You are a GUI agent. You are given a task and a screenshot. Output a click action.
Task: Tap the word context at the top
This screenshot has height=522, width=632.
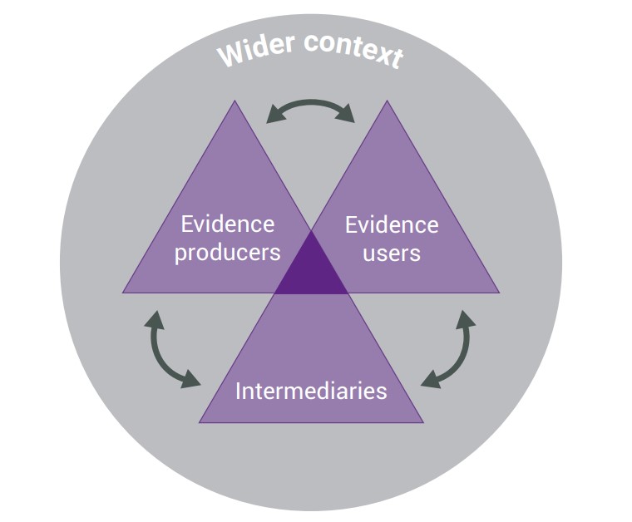tap(353, 49)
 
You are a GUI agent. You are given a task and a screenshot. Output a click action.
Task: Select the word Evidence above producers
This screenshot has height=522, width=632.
tap(227, 224)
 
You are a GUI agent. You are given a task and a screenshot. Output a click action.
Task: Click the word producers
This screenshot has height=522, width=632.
tap(227, 252)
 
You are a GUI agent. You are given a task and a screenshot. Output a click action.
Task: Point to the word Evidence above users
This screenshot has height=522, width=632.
tap(391, 224)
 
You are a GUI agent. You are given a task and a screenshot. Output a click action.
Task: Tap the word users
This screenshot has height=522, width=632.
tap(391, 252)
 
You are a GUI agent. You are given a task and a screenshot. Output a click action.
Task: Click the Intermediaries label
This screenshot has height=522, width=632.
tap(311, 391)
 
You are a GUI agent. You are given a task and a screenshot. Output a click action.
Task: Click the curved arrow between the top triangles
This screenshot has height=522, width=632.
tap(311, 106)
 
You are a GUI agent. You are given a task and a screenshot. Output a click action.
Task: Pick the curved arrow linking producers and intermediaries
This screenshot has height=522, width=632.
tap(166, 349)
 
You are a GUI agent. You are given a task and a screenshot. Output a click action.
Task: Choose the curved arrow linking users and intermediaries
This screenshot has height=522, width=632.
tap(454, 349)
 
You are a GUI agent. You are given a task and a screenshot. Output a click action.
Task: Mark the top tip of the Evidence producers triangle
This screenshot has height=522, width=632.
tap(235, 101)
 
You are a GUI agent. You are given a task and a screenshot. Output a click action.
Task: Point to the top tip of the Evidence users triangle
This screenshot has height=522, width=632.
tap(388, 101)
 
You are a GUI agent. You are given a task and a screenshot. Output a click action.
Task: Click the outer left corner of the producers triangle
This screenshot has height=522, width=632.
tap(124, 292)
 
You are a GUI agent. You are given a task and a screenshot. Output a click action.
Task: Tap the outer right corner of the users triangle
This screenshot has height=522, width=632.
tap(498, 293)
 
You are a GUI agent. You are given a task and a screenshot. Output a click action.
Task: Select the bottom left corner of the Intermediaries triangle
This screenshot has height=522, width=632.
tap(200, 421)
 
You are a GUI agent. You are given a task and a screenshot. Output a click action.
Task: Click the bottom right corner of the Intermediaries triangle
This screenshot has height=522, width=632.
tap(422, 421)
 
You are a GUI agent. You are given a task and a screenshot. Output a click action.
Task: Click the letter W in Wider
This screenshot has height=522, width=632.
tap(229, 54)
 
